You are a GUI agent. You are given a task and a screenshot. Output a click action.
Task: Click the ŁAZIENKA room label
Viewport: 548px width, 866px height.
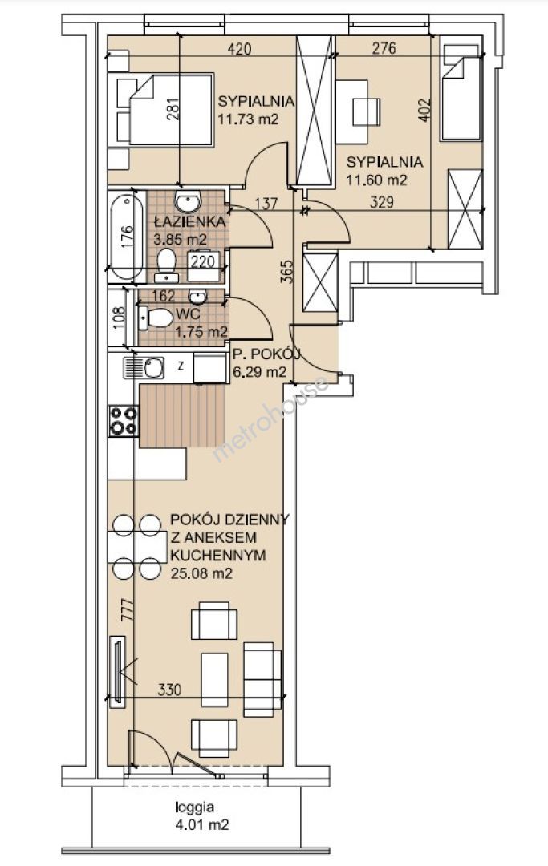[x=189, y=222]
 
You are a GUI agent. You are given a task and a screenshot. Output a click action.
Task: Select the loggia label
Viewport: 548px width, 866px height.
[x=194, y=807]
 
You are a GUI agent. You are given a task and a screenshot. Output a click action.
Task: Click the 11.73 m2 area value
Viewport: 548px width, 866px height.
[x=248, y=119]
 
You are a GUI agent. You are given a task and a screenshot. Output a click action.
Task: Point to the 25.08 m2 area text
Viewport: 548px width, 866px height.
[x=201, y=573]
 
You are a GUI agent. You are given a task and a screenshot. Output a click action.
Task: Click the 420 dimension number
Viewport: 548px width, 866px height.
[x=240, y=49]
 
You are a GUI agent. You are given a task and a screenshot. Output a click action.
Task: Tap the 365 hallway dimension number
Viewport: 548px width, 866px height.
[x=286, y=271]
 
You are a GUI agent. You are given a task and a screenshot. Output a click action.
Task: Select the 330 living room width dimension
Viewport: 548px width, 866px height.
[x=169, y=690]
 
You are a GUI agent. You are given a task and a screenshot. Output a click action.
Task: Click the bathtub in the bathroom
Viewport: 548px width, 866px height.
[x=127, y=237]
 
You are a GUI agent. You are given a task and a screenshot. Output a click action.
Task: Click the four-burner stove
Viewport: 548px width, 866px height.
[x=124, y=421]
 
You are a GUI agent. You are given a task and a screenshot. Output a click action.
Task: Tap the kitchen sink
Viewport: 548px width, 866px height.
[x=143, y=367]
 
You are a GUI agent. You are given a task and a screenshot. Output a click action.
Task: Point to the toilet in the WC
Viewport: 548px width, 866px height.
[x=155, y=318]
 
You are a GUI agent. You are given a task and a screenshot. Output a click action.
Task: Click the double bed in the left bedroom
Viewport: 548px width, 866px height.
[x=164, y=110]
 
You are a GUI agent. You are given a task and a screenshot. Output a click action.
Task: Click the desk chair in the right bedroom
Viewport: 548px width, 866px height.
[x=366, y=111]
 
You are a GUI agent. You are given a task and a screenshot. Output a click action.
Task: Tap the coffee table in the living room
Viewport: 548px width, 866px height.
[x=215, y=680]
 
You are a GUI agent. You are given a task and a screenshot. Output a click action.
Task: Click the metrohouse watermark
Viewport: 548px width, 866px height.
[x=270, y=419]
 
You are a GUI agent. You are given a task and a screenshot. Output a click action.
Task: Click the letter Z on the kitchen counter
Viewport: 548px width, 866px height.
[x=180, y=365]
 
